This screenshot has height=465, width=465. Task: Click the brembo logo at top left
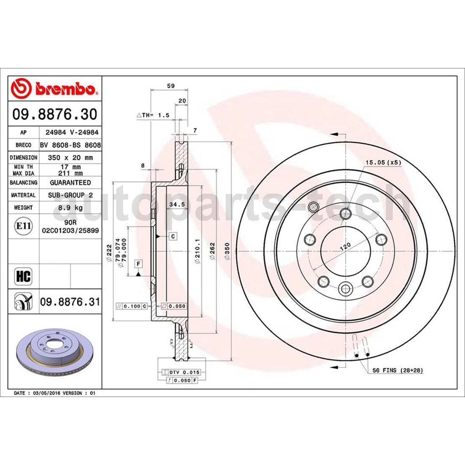[x=54, y=89]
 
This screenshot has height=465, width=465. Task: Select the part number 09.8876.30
[x=54, y=114]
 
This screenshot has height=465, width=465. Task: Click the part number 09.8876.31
[x=70, y=302]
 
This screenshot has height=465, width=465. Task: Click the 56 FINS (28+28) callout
[x=398, y=370]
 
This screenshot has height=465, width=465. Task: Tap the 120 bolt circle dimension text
[x=345, y=247]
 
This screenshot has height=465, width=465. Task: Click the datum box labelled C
[x=172, y=236]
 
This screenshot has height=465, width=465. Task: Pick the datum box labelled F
[x=139, y=263]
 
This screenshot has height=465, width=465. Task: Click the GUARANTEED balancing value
[x=70, y=183]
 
